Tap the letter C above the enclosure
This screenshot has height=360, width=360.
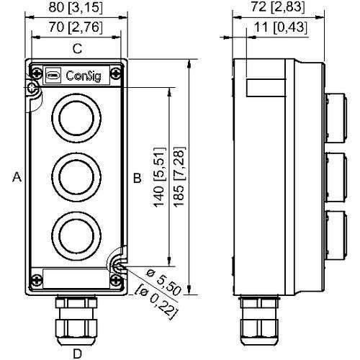coord(76,49)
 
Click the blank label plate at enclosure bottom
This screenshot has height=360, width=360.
coord(75,277)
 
